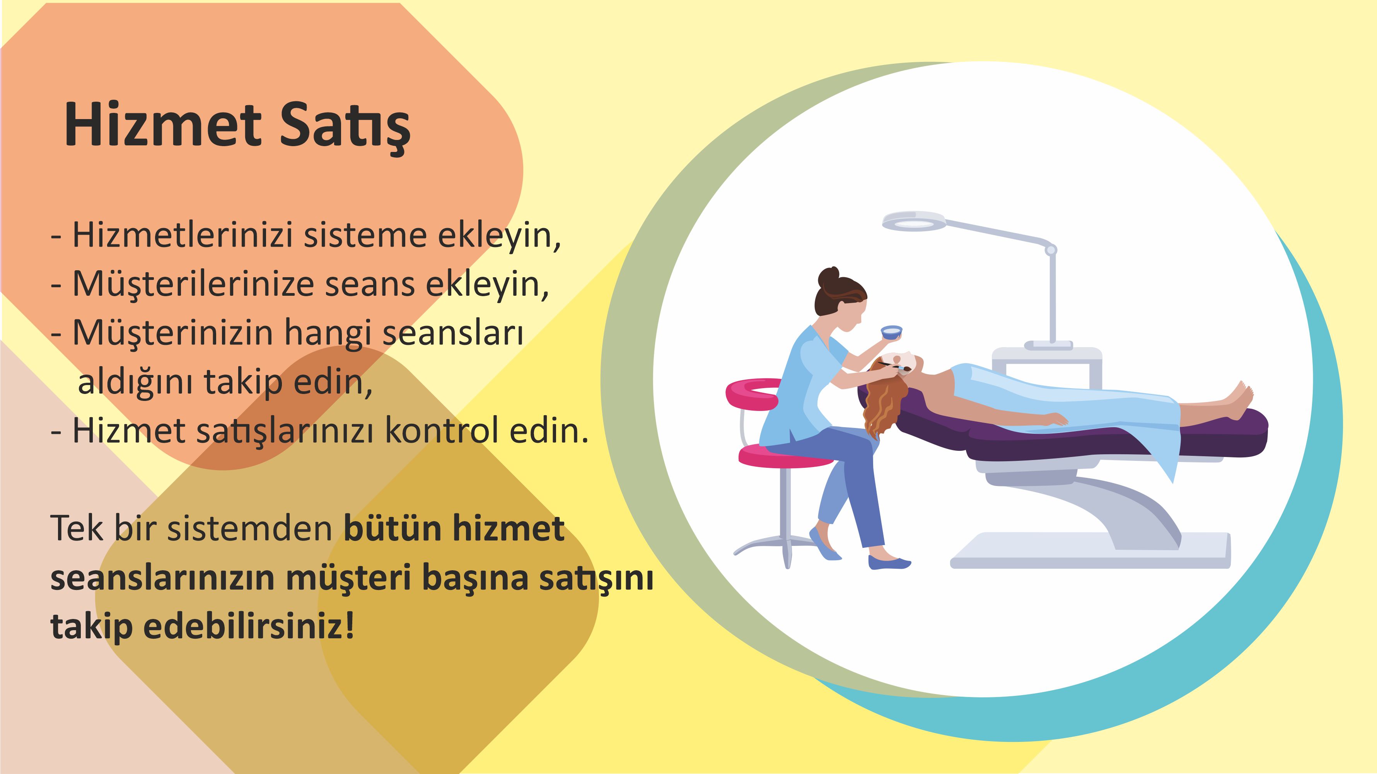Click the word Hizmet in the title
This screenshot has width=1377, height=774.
(x=163, y=124)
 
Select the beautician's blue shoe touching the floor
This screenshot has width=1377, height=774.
(x=889, y=562)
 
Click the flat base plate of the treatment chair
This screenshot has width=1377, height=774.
(x=1090, y=551)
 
